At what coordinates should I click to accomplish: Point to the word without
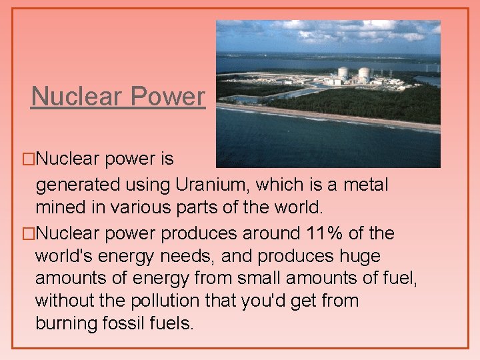65,301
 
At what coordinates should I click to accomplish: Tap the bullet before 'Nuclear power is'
27,159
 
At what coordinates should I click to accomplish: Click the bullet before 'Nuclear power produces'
27,234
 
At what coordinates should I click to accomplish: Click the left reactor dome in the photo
343,73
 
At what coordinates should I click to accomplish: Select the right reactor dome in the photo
364,73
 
